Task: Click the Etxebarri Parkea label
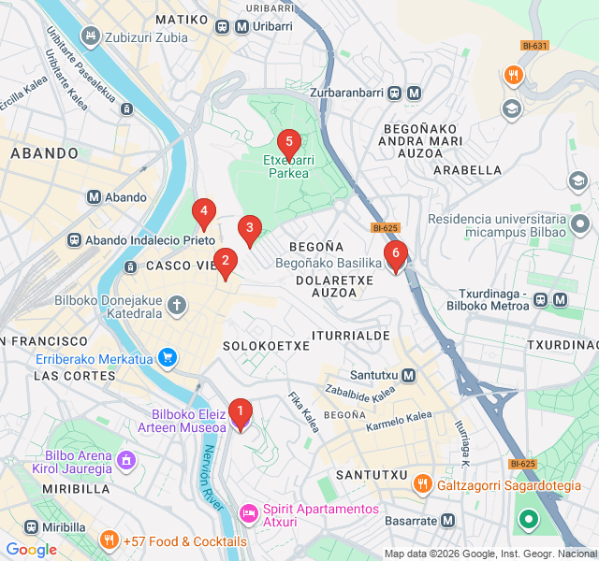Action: [288, 166]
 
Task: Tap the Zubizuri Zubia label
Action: [146, 38]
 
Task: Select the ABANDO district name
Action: [44, 152]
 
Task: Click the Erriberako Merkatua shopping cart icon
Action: [168, 357]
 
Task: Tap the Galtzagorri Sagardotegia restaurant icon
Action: [423, 483]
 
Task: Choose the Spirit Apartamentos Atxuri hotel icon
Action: [249, 512]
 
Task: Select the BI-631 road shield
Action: [535, 45]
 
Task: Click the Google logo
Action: [31, 550]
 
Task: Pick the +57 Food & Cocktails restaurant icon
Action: [110, 541]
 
